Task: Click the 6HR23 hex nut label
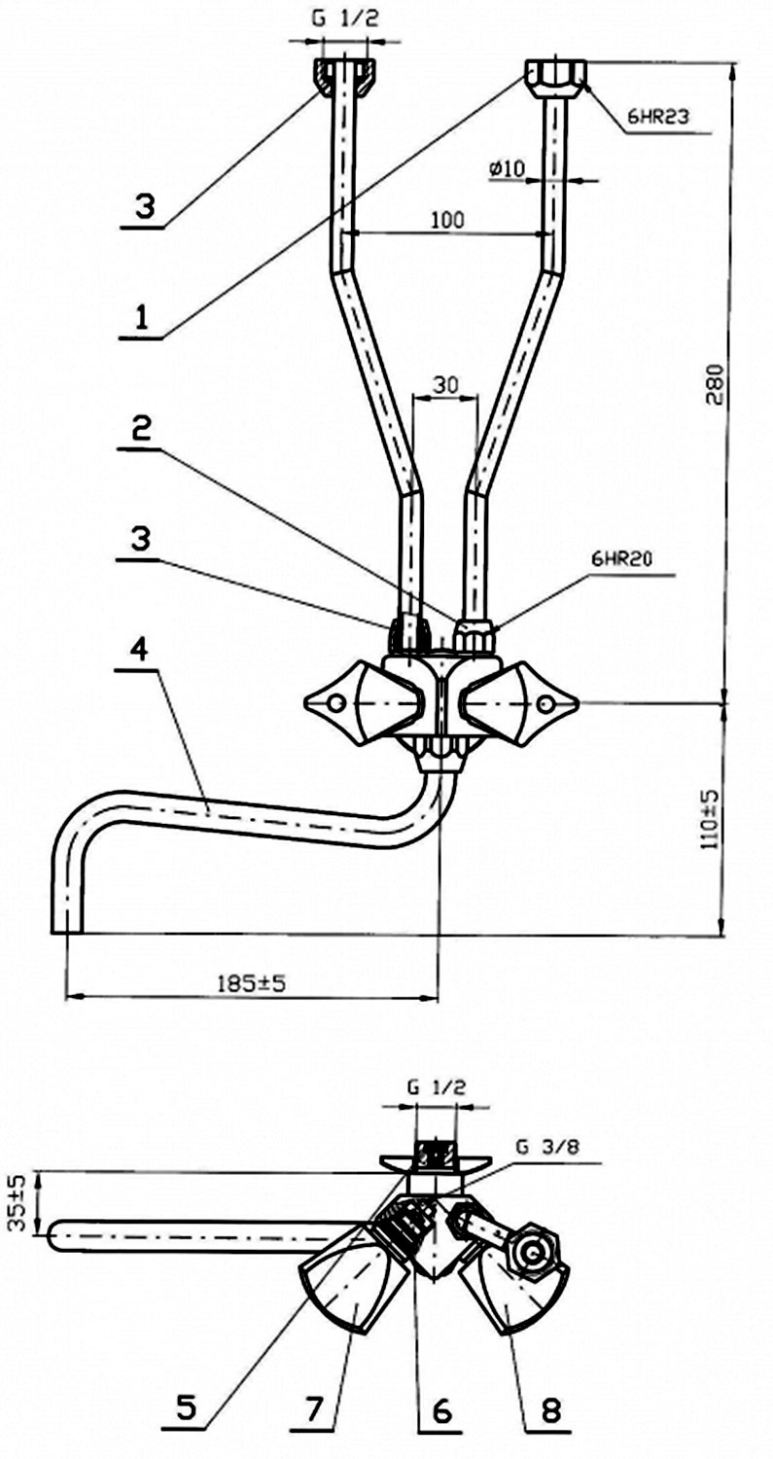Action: click(655, 119)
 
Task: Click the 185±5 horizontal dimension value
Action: click(252, 982)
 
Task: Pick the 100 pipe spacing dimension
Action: click(447, 220)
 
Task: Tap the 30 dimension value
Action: click(446, 385)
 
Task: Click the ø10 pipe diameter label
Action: click(506, 169)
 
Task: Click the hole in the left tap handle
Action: click(336, 703)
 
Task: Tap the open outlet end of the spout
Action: click(67, 933)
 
